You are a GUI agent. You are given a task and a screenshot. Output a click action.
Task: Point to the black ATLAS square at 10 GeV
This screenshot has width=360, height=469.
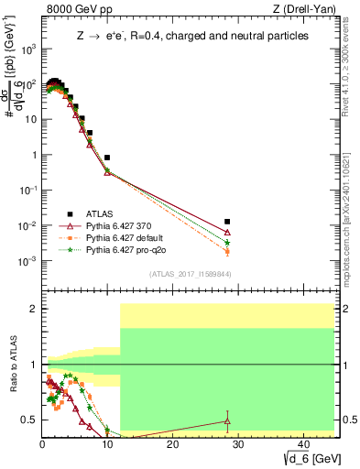pos(107,158)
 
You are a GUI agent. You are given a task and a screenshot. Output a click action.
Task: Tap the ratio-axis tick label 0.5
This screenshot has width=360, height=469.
pos(29,420)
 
